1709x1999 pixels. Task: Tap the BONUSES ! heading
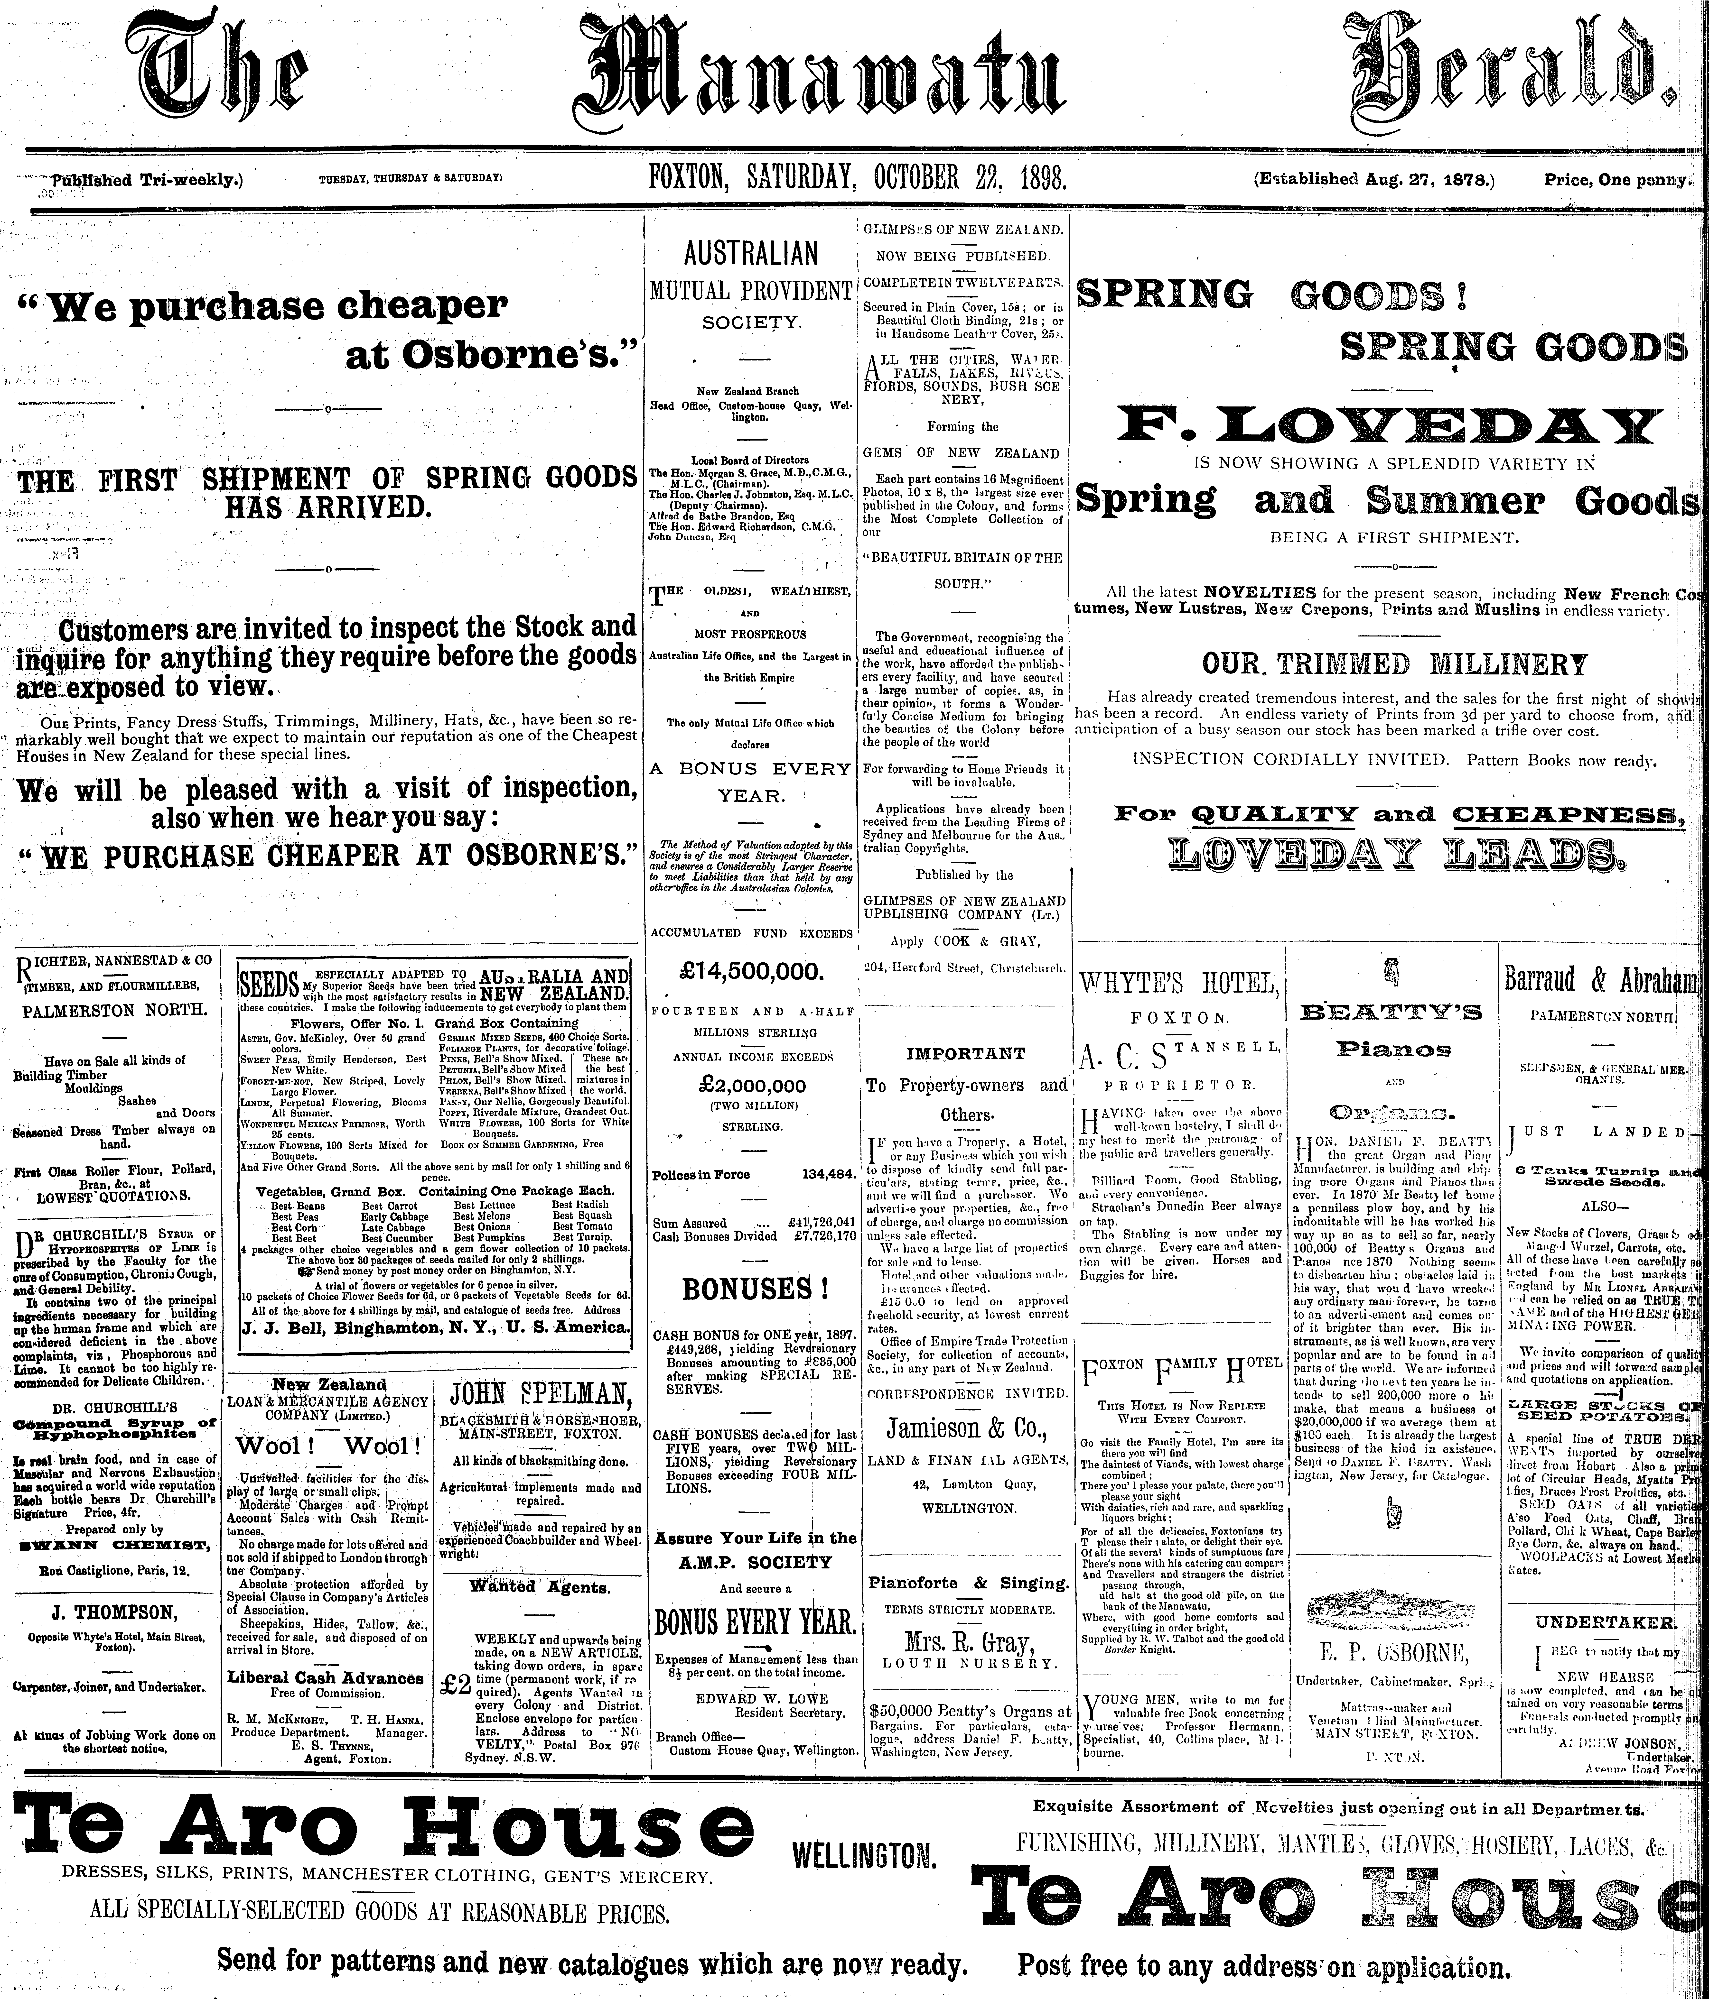[749, 1289]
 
